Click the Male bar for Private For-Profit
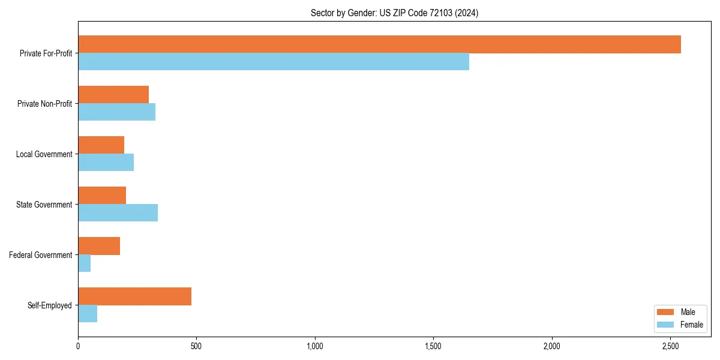pyautogui.click(x=379, y=44)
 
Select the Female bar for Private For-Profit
pyautogui.click(x=274, y=62)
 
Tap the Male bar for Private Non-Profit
pyautogui.click(x=113, y=95)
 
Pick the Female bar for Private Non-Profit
pyautogui.click(x=116, y=112)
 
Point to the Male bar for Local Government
pyautogui.click(x=101, y=145)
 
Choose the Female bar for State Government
pyautogui.click(x=118, y=213)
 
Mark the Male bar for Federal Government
pyautogui.click(x=99, y=246)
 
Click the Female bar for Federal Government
pyautogui.click(x=85, y=263)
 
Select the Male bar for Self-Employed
pyautogui.click(x=134, y=296)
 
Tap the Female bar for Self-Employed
pyautogui.click(x=88, y=314)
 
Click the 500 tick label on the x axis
pyautogui.click(x=196, y=346)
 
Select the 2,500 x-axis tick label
pyautogui.click(x=671, y=346)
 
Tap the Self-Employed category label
pyautogui.click(x=50, y=305)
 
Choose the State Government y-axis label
pyautogui.click(x=44, y=205)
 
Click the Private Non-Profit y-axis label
pyautogui.click(x=45, y=104)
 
